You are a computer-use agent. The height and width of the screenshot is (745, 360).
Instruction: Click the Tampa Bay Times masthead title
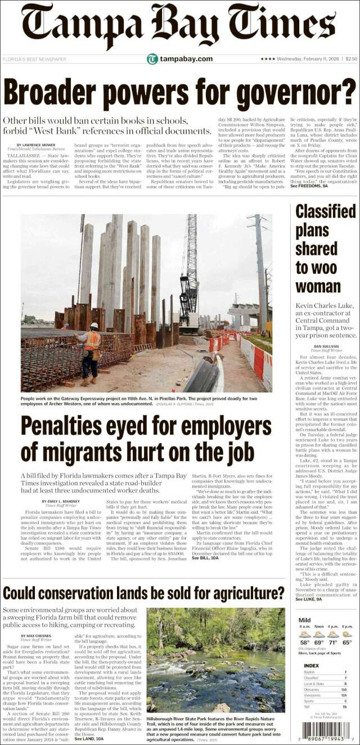point(180,25)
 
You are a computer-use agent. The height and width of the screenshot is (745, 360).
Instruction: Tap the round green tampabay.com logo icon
point(152,59)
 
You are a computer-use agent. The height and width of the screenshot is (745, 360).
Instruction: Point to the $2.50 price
point(351,59)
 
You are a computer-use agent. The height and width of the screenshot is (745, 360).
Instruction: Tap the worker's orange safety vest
point(92,341)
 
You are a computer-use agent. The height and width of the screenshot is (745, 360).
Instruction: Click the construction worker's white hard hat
point(94,326)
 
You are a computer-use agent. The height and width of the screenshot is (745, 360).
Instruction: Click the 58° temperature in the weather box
point(304,642)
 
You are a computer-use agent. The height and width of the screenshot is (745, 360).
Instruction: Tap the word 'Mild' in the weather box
point(304,620)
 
